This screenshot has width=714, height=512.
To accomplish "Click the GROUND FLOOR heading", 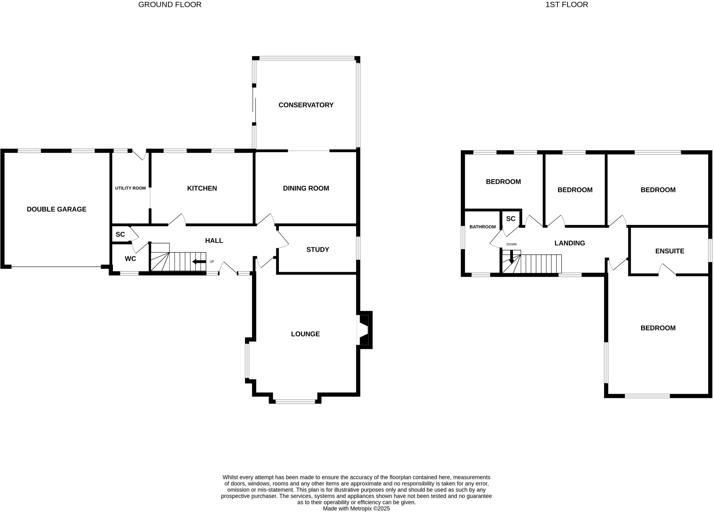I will click(x=170, y=5).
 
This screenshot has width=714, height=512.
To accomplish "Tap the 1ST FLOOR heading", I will click(x=567, y=5).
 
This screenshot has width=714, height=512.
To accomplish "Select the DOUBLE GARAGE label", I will click(x=56, y=209).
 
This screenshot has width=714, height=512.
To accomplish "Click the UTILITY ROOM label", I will click(x=130, y=188).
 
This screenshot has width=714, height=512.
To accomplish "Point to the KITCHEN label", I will click(x=202, y=188).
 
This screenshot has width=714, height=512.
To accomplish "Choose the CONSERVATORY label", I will click(x=306, y=105).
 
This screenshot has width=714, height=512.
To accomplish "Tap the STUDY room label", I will click(x=318, y=250).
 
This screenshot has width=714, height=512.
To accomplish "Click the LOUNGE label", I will click(x=305, y=334).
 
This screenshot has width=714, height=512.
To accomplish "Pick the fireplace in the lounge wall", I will click(x=364, y=330).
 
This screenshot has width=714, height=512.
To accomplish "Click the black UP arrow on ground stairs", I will click(x=199, y=262).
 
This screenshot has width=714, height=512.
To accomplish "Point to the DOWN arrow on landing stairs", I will click(x=511, y=258).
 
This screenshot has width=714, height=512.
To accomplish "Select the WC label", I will click(x=130, y=259).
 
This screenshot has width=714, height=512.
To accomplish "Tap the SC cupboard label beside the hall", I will click(x=120, y=235).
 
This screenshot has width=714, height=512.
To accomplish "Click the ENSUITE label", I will click(x=669, y=251).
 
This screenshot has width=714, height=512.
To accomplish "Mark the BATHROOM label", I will click(x=483, y=227).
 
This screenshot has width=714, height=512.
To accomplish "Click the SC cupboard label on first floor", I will click(x=511, y=219).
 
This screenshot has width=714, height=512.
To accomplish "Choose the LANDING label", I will click(x=570, y=243).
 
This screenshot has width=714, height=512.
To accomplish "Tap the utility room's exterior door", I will click(x=139, y=155).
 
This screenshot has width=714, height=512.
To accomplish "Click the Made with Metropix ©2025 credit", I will click(x=356, y=509).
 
